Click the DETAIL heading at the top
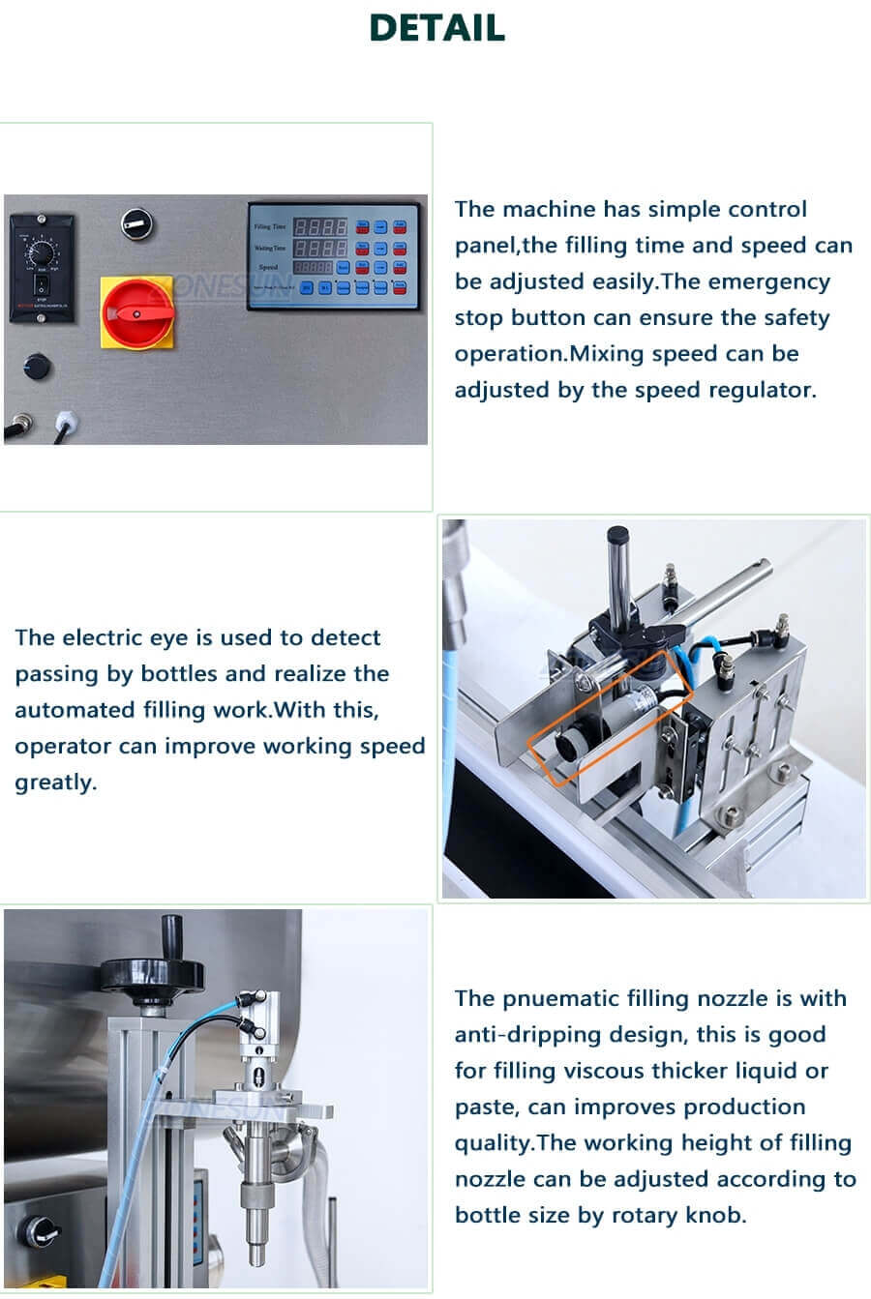point(436,28)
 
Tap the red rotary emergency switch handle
point(135,312)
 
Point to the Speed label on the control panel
point(268,267)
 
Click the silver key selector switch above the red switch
point(138,223)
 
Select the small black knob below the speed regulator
point(37,367)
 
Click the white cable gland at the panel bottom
point(65,423)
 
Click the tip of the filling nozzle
point(256,1255)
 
